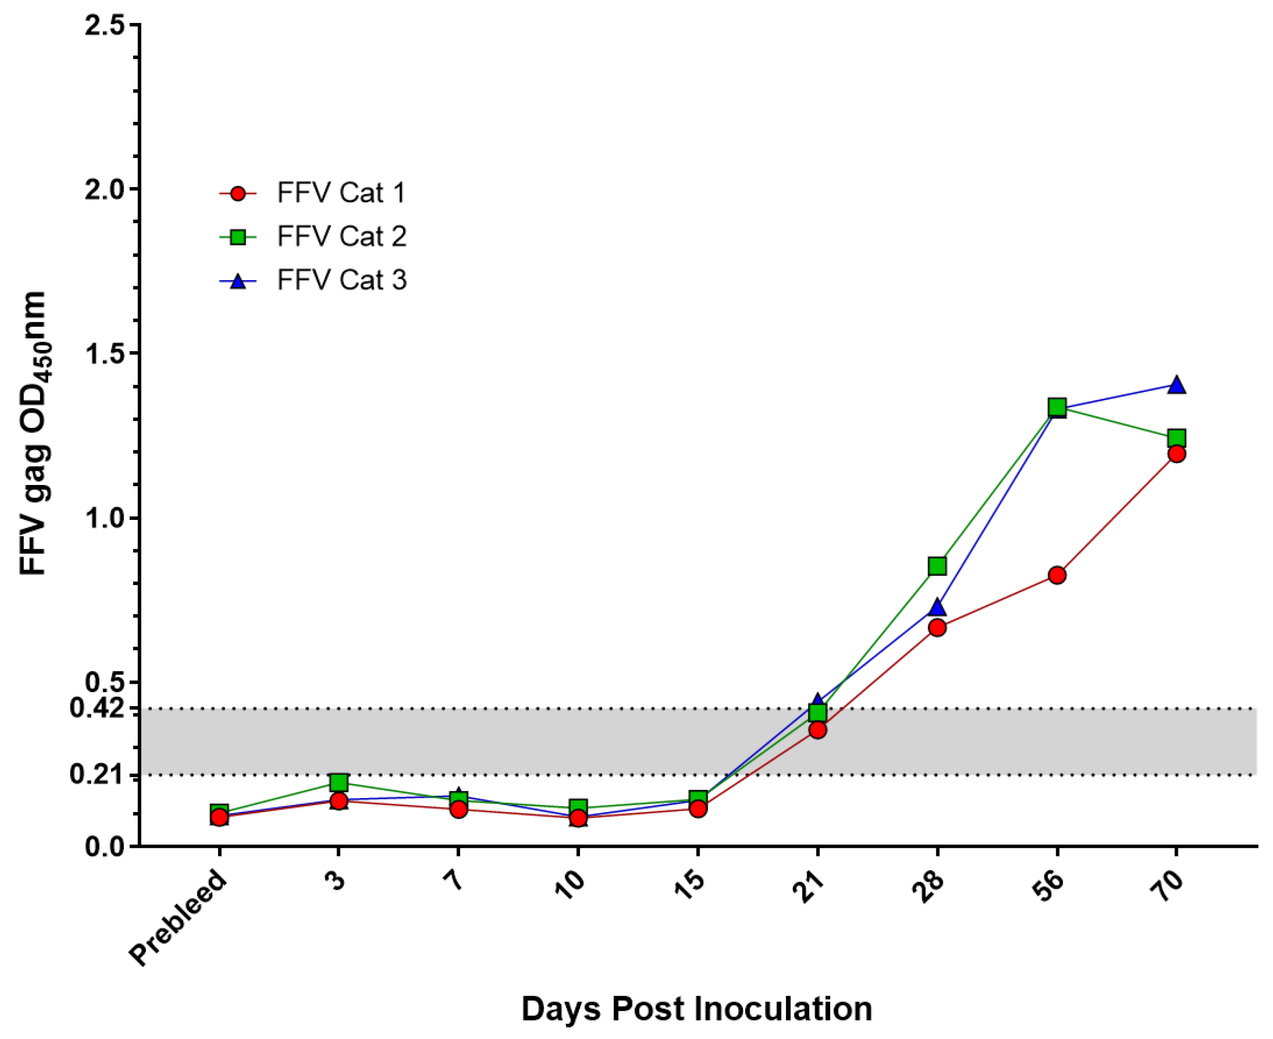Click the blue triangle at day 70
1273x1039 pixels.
click(1177, 385)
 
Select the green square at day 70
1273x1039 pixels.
click(1177, 438)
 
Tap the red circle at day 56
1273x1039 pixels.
click(1057, 575)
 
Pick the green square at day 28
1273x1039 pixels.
click(937, 566)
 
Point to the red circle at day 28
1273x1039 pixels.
click(937, 627)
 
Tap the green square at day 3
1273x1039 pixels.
click(339, 782)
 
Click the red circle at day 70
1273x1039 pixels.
click(1177, 454)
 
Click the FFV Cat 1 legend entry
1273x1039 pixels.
click(341, 193)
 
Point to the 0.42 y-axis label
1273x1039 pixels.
click(96, 708)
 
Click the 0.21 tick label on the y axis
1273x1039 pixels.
click(96, 774)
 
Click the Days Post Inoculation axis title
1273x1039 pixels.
click(696, 1009)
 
